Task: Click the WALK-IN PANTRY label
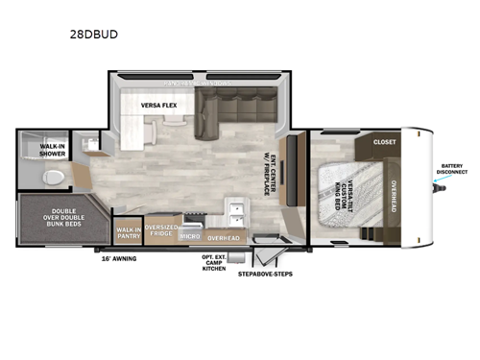(127, 233)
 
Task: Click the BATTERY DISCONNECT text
(452, 170)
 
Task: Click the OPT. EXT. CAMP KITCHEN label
(213, 264)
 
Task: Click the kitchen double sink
(237, 209)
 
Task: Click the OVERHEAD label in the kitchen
(223, 236)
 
